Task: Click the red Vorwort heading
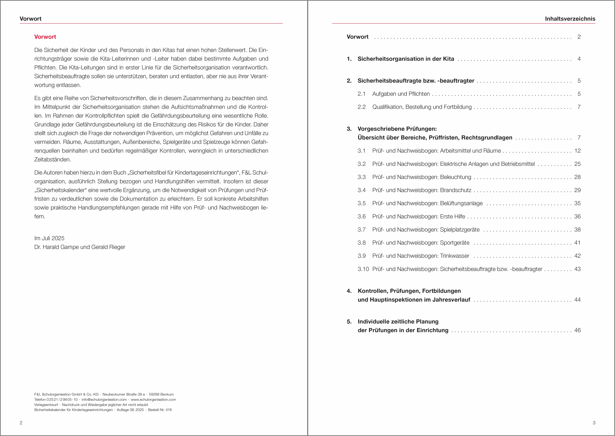point(45,37)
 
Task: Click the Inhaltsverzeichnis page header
point(570,19)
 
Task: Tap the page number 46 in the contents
point(577,330)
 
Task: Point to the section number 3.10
point(363,269)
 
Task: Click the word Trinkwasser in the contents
point(455,256)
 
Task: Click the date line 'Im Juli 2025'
point(49,238)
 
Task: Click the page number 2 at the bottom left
point(21,423)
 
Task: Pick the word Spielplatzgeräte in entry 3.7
point(460,229)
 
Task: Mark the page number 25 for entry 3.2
point(577,164)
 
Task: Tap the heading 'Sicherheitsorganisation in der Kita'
point(406,59)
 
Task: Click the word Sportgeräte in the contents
point(455,243)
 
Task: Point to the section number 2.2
point(361,107)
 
